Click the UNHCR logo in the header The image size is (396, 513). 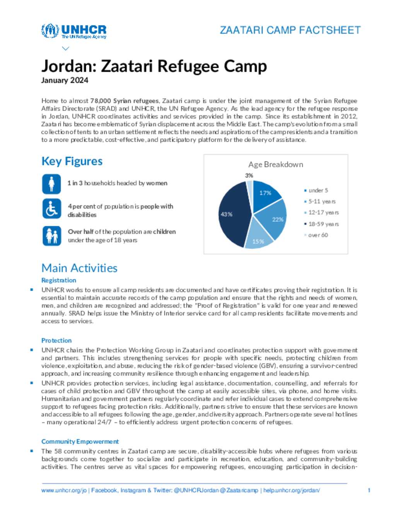73,31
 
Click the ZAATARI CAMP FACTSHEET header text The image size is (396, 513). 290,30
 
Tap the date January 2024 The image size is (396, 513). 65,80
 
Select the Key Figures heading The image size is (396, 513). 72,161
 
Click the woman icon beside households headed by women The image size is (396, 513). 51,184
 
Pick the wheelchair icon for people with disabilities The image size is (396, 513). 51,209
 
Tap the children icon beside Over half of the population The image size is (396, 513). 51,235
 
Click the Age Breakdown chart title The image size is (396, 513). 275,164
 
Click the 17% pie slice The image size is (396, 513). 266,194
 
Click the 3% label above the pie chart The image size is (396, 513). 249,175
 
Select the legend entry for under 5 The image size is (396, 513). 318,190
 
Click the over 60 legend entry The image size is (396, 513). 318,235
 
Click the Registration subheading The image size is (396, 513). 59,280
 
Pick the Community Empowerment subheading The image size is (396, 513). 80,441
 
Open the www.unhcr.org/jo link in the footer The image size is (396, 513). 64,490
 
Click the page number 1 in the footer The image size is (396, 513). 369,490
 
